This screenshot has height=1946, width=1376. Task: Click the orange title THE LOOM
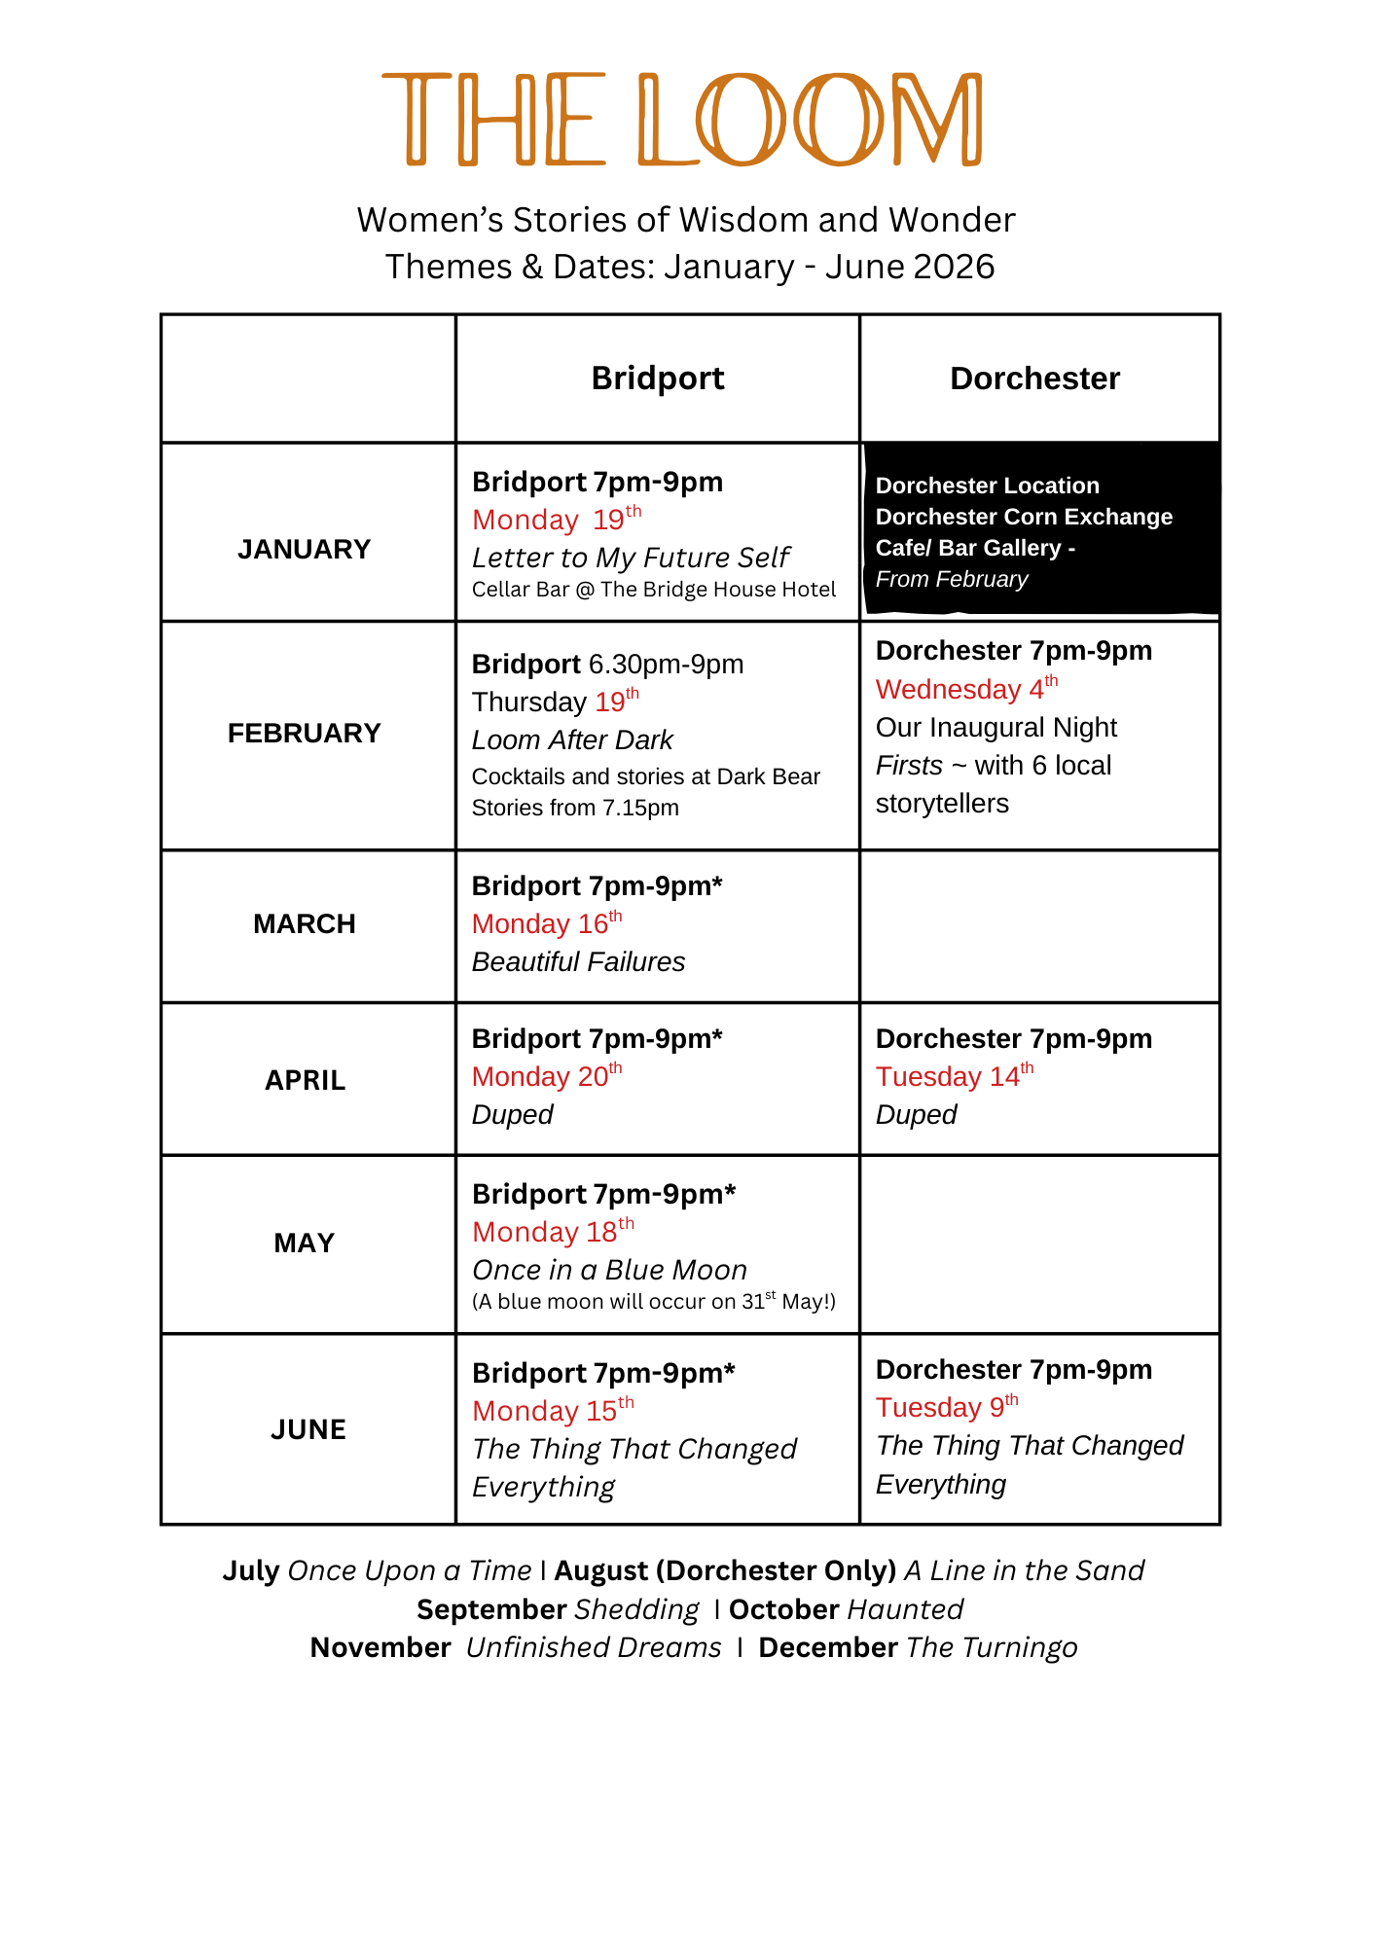683,119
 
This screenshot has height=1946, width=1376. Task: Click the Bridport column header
658,378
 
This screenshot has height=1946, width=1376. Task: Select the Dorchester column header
1034,378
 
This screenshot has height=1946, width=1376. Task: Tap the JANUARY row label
305,550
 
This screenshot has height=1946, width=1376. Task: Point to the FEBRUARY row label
305,734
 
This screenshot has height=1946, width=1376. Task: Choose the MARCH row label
305,924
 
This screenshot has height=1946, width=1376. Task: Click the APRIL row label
306,1080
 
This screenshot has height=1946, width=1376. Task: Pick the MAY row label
305,1243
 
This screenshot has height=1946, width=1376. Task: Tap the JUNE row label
308,1429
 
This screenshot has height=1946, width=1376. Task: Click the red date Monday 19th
557,520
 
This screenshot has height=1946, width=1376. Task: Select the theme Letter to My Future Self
631,558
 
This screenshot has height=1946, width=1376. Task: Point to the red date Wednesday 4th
966,689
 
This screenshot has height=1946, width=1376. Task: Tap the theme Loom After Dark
572,740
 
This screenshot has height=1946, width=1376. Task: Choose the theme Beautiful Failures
578,962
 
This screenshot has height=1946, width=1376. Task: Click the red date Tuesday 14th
955,1076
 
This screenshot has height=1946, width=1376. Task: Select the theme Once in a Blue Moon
610,1271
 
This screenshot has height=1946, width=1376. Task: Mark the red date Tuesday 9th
947,1407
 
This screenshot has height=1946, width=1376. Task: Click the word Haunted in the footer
905,1609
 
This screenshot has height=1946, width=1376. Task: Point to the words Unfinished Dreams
594,1648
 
